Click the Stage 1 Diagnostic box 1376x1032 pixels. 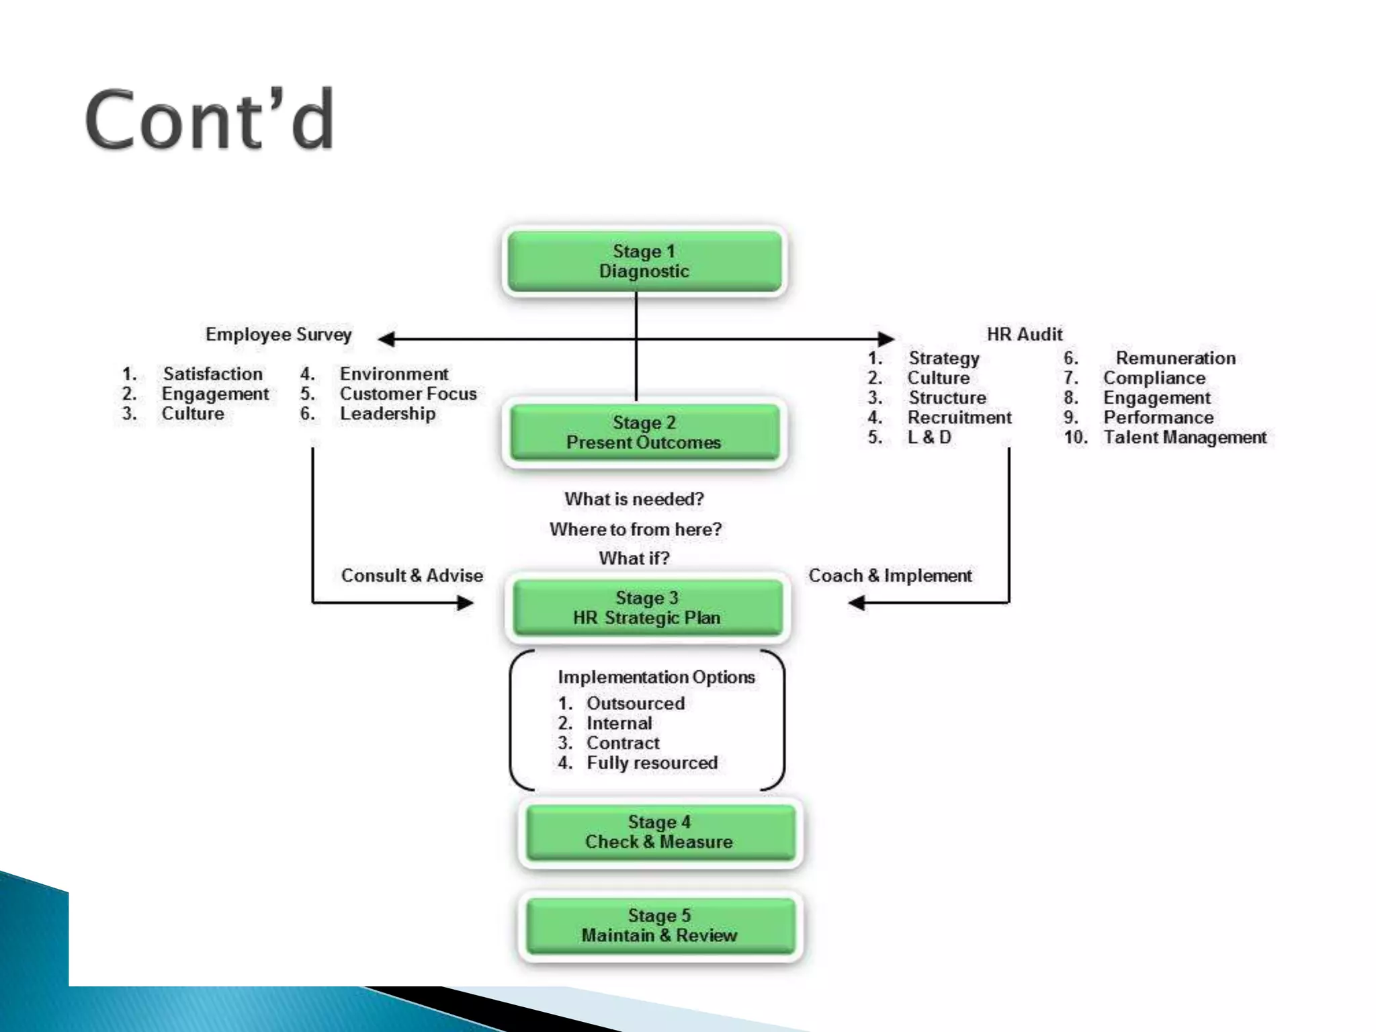point(644,261)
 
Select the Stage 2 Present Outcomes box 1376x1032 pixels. point(644,433)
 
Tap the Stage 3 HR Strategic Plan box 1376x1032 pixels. point(646,608)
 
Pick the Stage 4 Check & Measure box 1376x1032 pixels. point(659,832)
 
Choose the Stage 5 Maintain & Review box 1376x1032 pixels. point(659,925)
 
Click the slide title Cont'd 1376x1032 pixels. point(209,120)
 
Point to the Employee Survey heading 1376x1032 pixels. point(278,334)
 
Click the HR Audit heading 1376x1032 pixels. point(1024,334)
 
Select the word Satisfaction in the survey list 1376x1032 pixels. point(212,374)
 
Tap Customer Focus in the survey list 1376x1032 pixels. point(407,394)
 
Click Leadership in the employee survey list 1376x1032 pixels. point(387,413)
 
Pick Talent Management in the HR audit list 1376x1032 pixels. point(1184,437)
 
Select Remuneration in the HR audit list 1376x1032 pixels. point(1175,358)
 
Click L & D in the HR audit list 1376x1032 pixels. point(929,437)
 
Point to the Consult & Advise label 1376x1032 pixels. point(411,576)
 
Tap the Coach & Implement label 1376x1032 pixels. point(890,576)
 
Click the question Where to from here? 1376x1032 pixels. point(635,529)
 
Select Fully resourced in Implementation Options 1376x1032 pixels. point(652,763)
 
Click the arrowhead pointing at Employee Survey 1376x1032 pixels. point(386,339)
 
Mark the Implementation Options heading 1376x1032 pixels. point(656,677)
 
